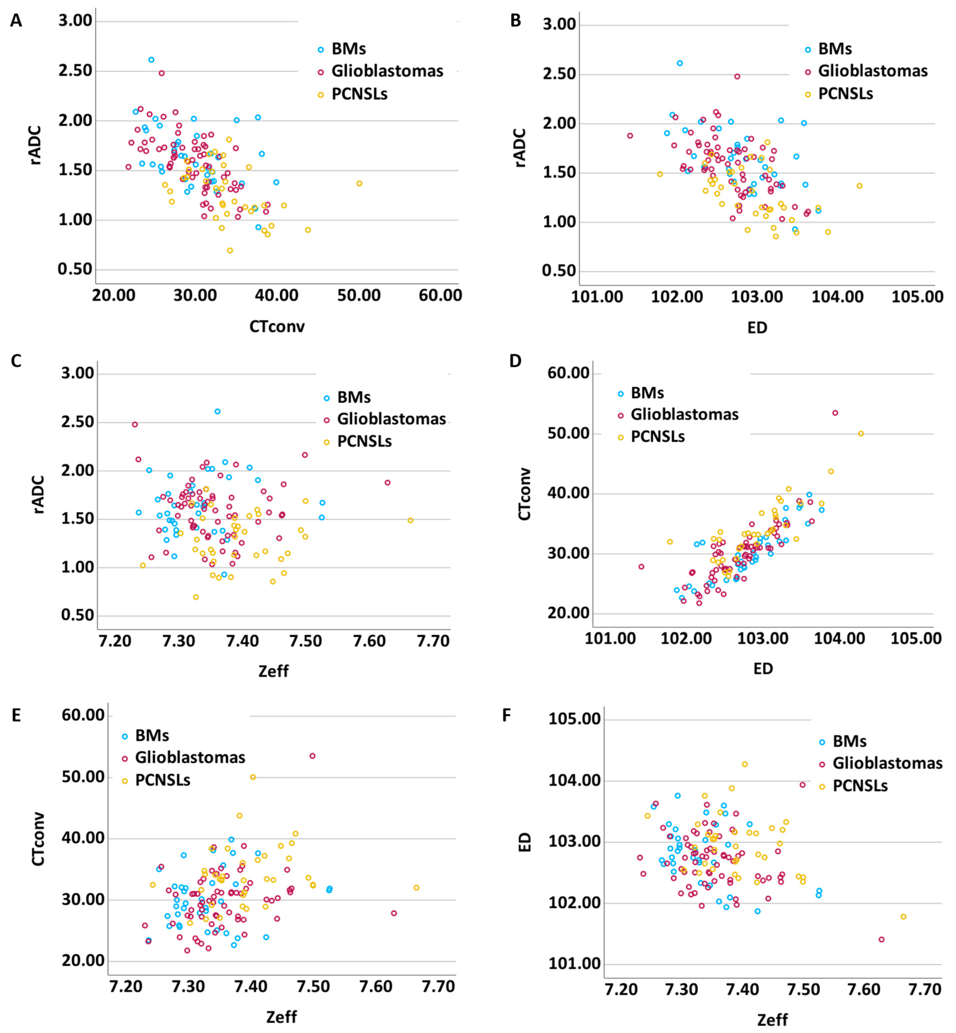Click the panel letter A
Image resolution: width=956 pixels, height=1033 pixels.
coord(16,21)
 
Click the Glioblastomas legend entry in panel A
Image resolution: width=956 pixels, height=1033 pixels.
coord(387,71)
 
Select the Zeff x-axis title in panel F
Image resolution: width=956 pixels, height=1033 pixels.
coord(772,1016)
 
